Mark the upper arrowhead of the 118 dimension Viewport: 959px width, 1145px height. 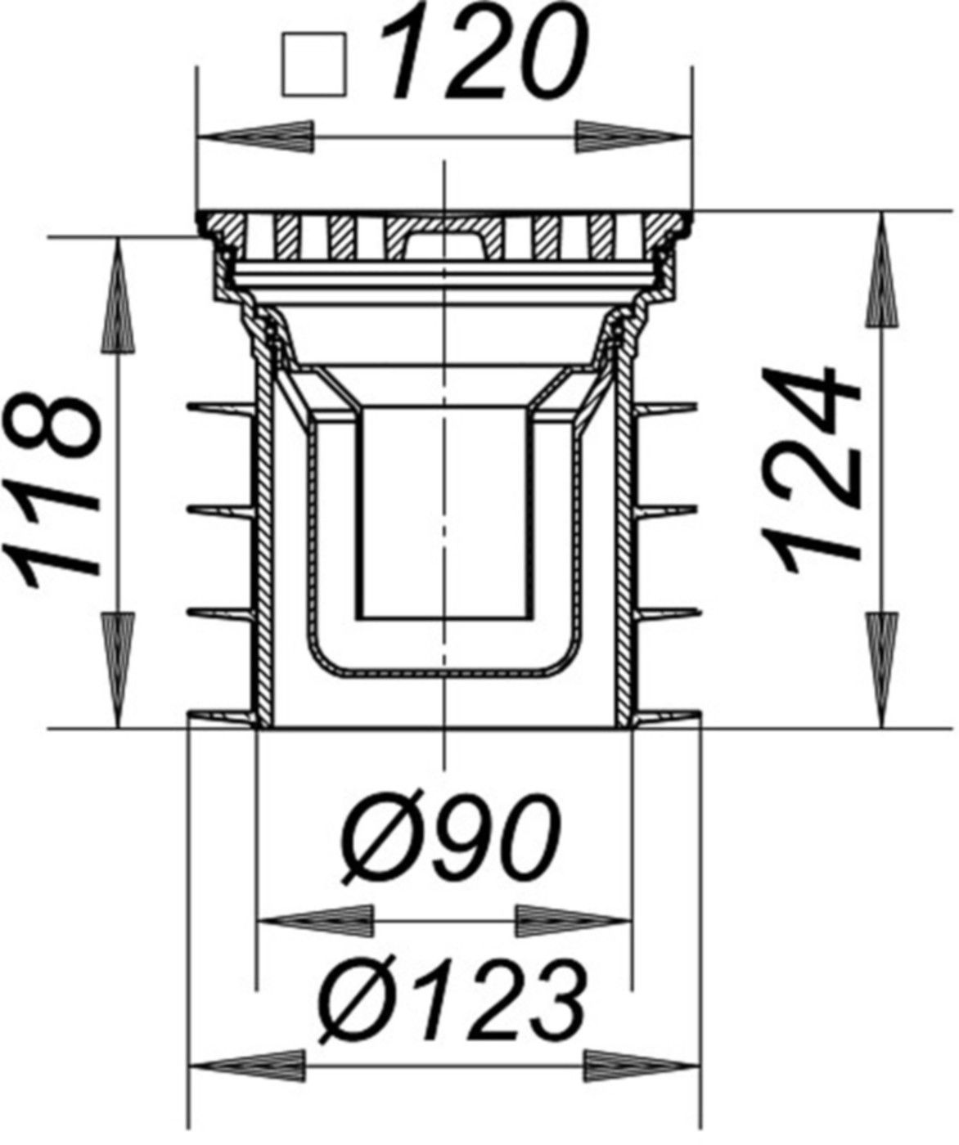(118, 294)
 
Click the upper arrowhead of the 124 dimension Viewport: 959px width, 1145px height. (882, 270)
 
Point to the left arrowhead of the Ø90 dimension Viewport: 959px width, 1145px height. (315, 921)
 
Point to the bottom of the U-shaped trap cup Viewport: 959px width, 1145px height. (443, 671)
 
